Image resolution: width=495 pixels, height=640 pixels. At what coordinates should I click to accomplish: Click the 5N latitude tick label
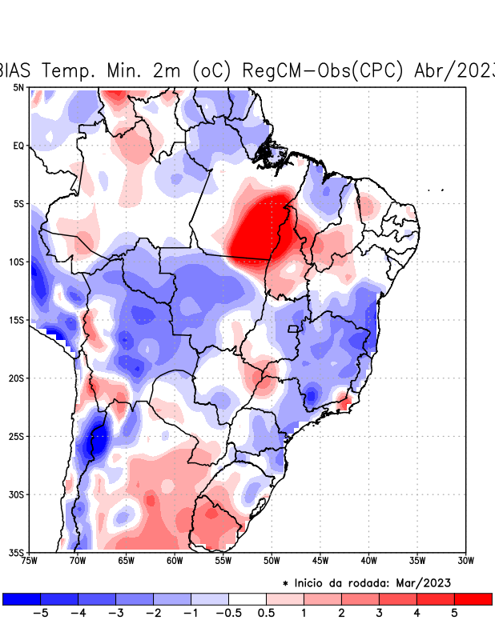coord(18,87)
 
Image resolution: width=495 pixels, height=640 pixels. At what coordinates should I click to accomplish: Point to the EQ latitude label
coord(18,146)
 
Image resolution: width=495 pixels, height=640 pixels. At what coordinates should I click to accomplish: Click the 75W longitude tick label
coord(30,561)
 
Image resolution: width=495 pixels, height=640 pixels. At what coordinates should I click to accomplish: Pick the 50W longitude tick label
coord(272,561)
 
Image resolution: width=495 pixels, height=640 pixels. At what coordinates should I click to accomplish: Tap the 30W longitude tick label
coord(466,561)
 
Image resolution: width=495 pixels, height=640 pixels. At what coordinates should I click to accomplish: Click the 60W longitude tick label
coord(175,561)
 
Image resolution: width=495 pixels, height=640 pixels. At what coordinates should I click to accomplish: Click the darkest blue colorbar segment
coord(22,598)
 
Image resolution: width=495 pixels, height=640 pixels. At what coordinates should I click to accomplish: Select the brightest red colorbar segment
coord(473,598)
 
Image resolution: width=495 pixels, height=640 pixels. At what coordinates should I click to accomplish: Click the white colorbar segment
coord(247,598)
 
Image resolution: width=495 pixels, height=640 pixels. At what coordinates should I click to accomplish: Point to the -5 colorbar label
coord(38,614)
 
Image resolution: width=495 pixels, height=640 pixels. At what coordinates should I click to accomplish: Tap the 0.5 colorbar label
coord(266,614)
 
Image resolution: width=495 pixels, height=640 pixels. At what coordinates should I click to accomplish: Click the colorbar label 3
coord(379,614)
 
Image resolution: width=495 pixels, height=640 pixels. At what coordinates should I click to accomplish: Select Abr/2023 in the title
coord(453,70)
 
